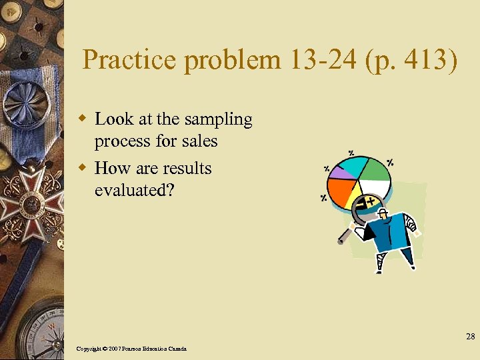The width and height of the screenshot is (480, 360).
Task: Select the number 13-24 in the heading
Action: (317, 61)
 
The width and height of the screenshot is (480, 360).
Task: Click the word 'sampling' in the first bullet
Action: (220, 119)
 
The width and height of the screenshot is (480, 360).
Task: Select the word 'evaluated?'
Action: (135, 190)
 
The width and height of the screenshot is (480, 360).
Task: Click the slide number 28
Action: (470, 336)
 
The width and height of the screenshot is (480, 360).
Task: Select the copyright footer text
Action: (131, 349)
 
